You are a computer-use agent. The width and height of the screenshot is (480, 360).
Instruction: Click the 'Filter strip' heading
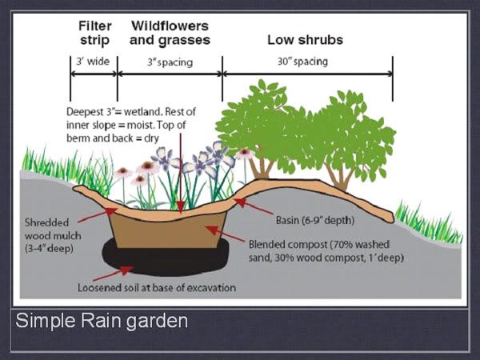click(94, 33)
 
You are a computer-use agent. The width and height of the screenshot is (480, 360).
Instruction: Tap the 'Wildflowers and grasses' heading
click(170, 33)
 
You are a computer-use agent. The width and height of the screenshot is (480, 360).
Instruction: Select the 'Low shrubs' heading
click(306, 40)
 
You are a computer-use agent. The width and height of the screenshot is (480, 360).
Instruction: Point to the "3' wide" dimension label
click(93, 62)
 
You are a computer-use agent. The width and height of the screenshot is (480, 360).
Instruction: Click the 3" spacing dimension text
click(170, 62)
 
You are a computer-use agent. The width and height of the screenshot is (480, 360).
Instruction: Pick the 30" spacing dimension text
click(302, 62)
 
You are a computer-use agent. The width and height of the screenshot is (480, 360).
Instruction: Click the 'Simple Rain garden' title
click(102, 321)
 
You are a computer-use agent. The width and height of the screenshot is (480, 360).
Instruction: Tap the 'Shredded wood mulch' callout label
click(53, 235)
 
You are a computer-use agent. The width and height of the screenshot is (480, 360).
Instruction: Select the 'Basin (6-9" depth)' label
click(315, 220)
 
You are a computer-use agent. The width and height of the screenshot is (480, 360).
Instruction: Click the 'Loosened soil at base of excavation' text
click(157, 288)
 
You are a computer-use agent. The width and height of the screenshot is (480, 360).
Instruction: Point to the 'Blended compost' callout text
click(326, 251)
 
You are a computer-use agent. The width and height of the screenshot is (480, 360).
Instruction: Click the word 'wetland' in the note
click(143, 112)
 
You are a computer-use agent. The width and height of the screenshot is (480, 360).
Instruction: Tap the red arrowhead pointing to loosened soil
click(126, 270)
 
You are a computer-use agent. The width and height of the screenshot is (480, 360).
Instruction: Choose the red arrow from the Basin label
click(253, 206)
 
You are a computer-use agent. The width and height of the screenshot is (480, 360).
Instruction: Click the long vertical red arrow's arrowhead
click(181, 207)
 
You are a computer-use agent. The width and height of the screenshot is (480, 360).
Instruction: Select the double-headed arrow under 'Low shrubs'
click(308, 74)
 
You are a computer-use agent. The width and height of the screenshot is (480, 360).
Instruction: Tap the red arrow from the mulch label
click(98, 215)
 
